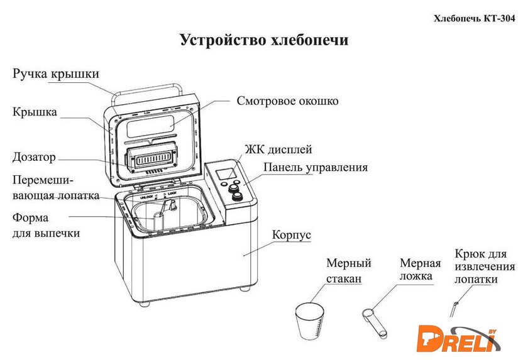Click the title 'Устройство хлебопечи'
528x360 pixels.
264,41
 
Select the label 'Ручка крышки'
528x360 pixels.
56,74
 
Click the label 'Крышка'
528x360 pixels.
35,112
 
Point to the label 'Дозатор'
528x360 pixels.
34,156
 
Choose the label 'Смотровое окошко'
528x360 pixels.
287,101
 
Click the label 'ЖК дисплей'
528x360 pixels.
278,150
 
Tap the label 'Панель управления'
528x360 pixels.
315,168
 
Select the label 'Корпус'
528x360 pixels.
292,236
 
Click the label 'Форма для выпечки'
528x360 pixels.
46,226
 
